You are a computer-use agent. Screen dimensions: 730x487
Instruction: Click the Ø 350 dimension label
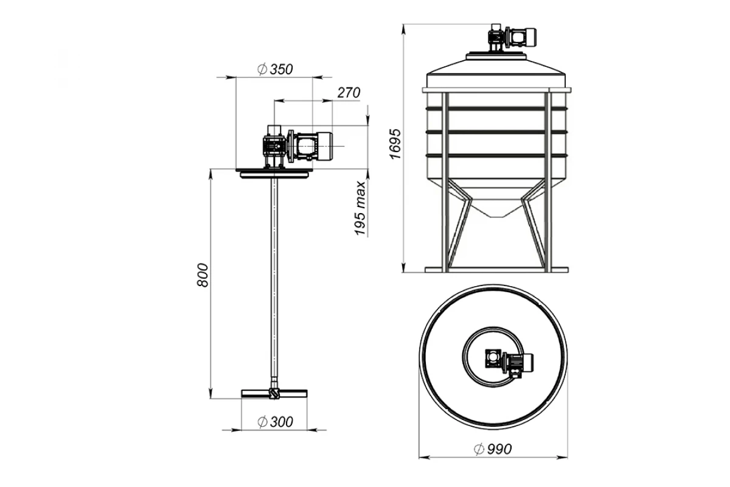pos(275,69)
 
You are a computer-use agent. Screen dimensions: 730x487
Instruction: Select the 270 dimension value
pos(349,93)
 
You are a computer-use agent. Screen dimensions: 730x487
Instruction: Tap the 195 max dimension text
pos(360,208)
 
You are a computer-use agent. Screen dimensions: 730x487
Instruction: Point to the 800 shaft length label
pos(203,275)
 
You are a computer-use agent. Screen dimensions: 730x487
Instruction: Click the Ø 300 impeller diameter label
pos(275,422)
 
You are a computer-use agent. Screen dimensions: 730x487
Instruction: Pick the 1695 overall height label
pos(395,144)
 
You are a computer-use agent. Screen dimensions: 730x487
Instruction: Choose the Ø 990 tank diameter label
pos(493,449)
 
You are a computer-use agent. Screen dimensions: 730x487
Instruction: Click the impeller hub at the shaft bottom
pos(274,393)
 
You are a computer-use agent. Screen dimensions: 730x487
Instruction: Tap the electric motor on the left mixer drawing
pos(313,146)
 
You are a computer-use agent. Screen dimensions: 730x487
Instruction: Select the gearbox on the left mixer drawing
pos(275,147)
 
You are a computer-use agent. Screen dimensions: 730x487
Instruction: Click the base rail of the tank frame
pos(496,270)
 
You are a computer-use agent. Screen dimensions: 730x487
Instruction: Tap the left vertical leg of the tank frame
pos(445,182)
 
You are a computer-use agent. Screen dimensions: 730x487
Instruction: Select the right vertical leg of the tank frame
pos(548,182)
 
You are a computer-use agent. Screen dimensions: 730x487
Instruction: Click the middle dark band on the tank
pos(496,132)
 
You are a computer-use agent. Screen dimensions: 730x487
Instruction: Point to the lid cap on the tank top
pos(496,56)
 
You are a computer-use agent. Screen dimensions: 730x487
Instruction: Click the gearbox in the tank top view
pos(493,359)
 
